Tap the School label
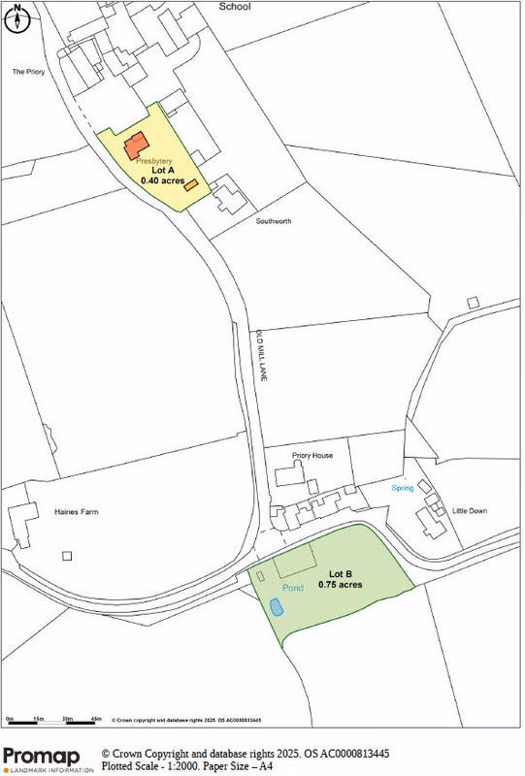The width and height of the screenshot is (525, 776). [234, 7]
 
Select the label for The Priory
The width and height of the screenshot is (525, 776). [29, 72]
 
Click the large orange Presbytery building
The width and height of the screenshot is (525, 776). [135, 145]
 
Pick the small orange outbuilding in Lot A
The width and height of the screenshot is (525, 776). [192, 183]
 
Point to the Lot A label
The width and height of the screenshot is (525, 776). [162, 170]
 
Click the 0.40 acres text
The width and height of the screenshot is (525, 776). [162, 180]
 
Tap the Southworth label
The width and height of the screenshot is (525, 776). [274, 221]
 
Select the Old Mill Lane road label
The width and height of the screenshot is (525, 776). [260, 357]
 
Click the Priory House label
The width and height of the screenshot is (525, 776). [312, 455]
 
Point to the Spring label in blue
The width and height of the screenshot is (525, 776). [403, 488]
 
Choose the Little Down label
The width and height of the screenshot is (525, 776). [470, 510]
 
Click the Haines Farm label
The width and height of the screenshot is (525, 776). [77, 512]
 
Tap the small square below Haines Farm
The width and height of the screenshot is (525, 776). [67, 556]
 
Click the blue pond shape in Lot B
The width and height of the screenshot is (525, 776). [277, 608]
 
